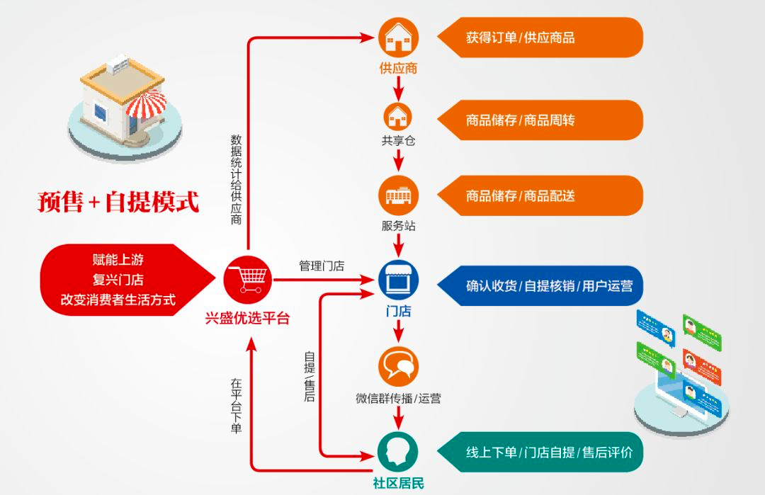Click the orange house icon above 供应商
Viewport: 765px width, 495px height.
coord(398,38)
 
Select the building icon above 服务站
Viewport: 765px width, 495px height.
coord(398,194)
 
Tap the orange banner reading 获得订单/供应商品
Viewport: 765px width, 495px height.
coord(538,38)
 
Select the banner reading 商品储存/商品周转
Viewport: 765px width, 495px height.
coord(538,120)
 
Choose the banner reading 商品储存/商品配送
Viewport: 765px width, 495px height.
coord(538,195)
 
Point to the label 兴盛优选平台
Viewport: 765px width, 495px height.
coord(247,319)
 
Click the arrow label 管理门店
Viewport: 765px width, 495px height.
coord(322,266)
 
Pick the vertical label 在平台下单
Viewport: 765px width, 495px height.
coord(236,406)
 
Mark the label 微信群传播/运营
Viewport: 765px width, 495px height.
coord(398,399)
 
